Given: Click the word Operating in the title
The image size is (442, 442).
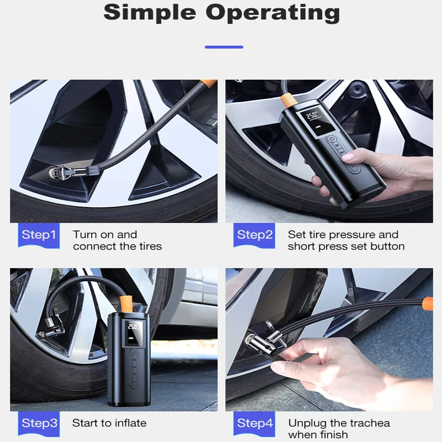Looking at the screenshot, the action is (272, 13).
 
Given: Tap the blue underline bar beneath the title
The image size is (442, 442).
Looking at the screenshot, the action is (224, 47).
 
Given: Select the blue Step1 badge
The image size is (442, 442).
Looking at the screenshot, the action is (39, 235).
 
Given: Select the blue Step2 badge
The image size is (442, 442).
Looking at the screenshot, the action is (254, 235).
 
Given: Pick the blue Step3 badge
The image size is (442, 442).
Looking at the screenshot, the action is (39, 424).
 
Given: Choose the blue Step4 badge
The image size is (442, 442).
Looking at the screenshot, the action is (254, 424).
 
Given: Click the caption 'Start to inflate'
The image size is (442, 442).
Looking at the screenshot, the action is (109, 423).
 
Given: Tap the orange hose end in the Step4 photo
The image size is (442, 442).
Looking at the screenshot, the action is (428, 303).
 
